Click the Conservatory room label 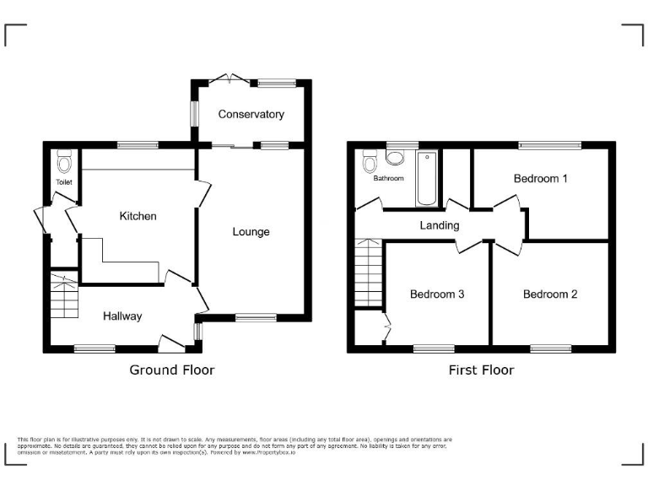click(251, 114)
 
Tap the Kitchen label click(138, 216)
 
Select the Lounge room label click(251, 231)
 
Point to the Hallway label click(122, 316)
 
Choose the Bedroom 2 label click(550, 294)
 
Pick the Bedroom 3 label click(437, 294)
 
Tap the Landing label click(440, 225)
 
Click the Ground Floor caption click(171, 370)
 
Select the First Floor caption click(481, 370)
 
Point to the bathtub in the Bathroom click(426, 178)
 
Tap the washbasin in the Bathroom click(396, 156)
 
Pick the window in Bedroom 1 click(549, 145)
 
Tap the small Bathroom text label click(389, 179)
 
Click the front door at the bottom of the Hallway click(171, 342)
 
